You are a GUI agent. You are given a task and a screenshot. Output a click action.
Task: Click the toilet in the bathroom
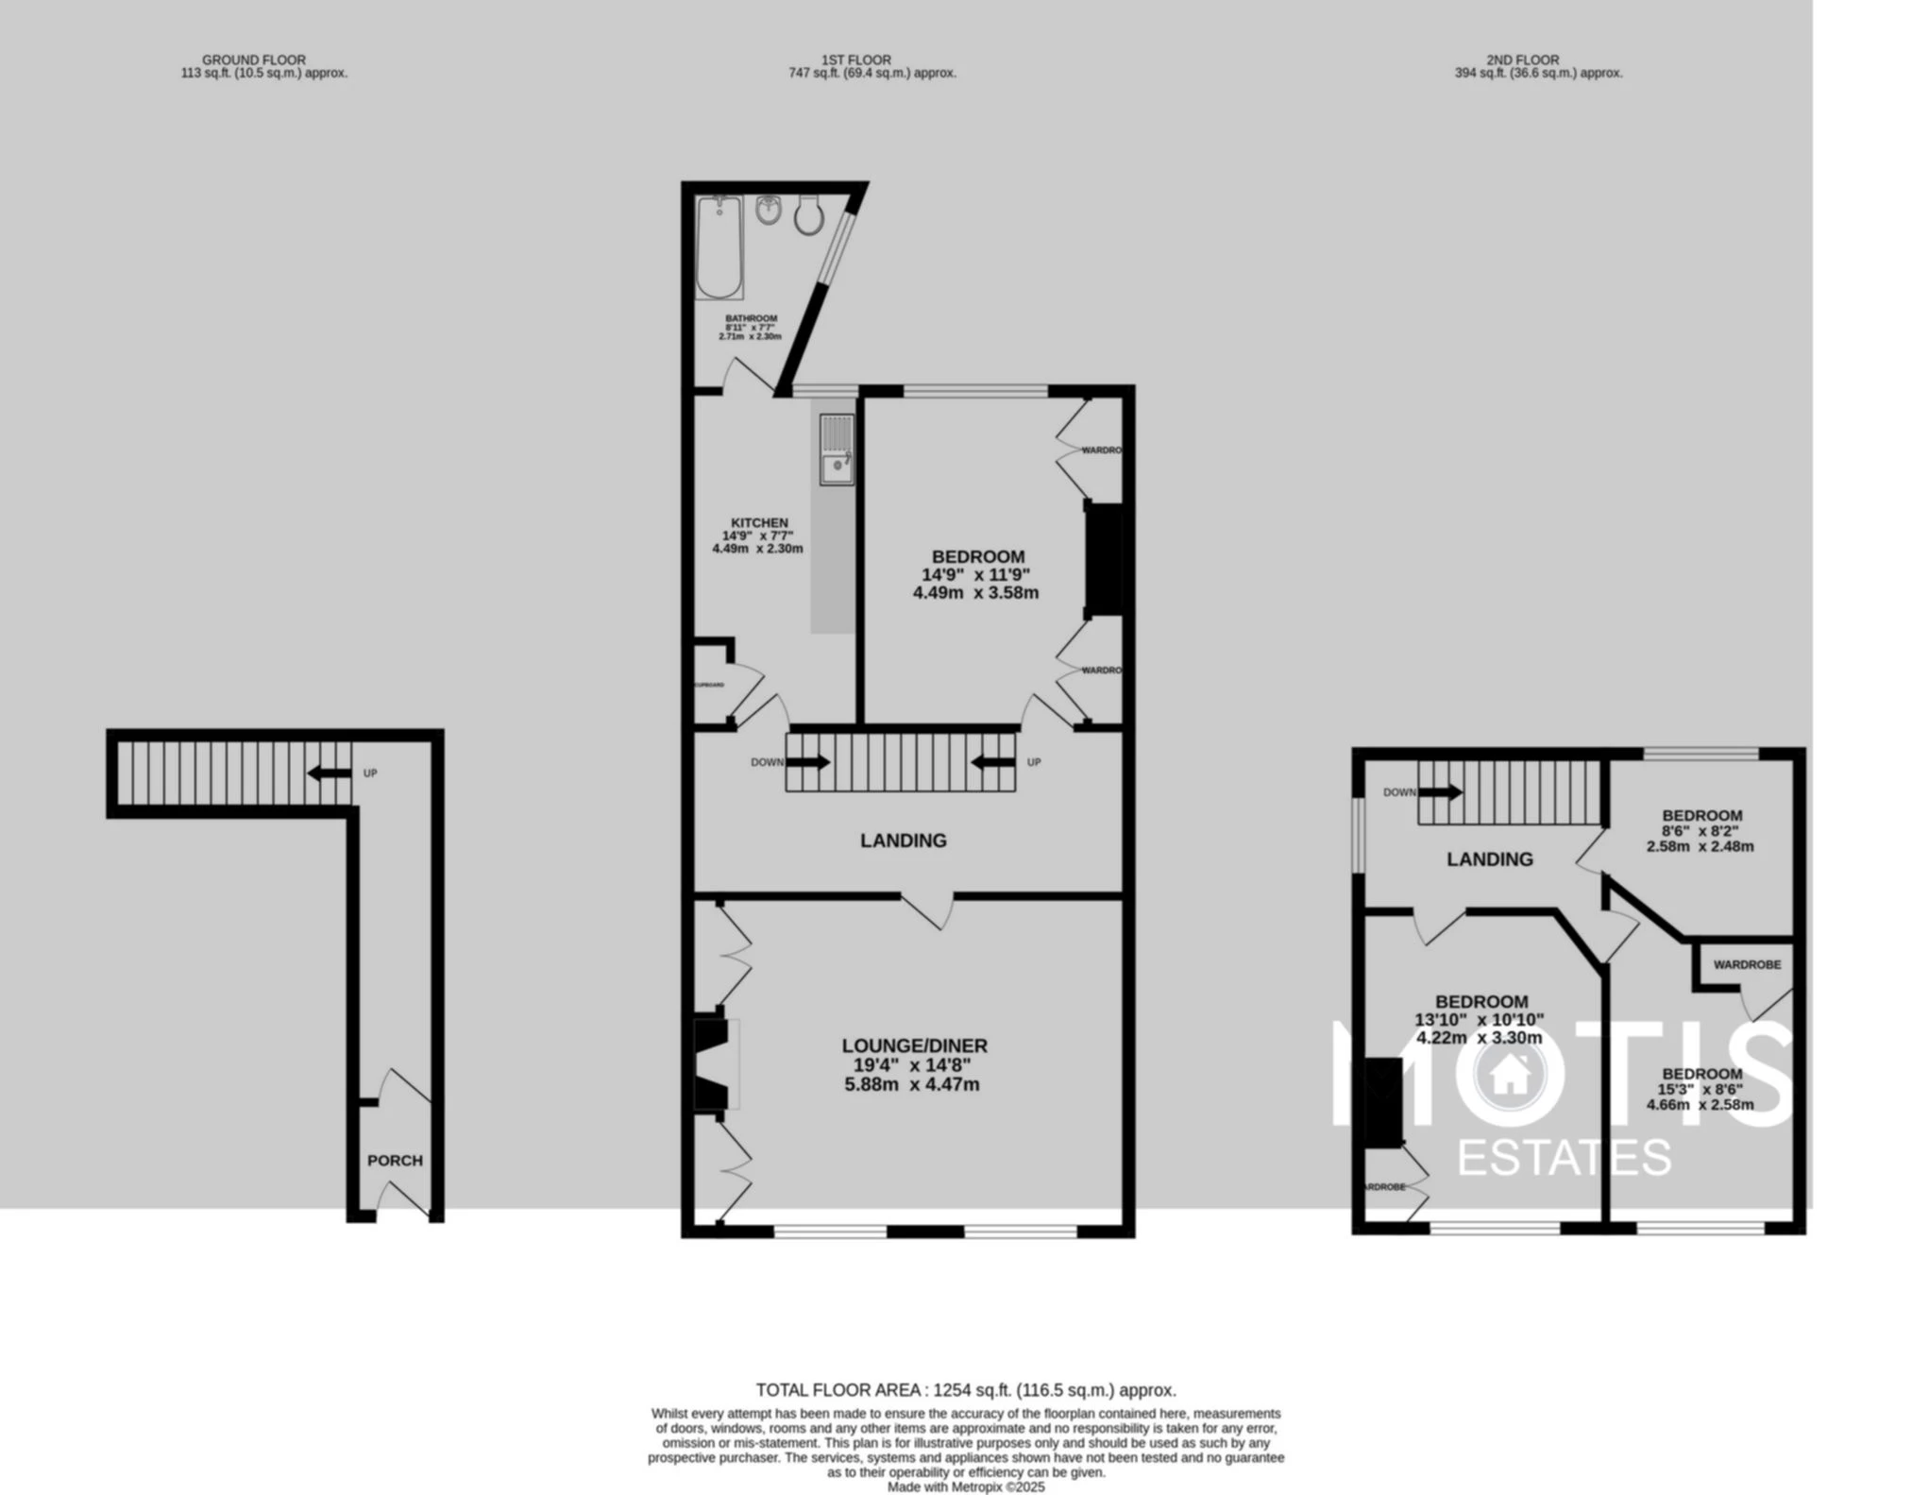(808, 216)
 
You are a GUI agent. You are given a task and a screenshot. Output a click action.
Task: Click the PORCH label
(395, 1161)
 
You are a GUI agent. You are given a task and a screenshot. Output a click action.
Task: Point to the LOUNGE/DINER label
(914, 1045)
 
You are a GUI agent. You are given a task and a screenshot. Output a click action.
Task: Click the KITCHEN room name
(759, 522)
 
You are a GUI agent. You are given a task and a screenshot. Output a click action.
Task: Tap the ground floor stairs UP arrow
(328, 773)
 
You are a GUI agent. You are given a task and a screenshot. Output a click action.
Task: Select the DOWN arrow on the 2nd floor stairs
(1440, 792)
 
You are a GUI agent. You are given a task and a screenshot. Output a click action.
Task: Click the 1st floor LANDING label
(903, 841)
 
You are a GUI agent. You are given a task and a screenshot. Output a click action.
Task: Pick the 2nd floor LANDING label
(1490, 859)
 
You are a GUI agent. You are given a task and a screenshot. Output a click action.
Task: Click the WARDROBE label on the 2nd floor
(1747, 964)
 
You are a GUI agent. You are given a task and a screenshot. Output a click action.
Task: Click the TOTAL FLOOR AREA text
(965, 1390)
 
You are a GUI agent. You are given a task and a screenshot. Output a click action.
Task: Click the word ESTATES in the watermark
(1564, 1158)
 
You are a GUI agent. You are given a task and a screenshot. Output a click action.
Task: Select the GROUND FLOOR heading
(254, 59)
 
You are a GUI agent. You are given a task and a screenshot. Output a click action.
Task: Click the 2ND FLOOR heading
(1522, 59)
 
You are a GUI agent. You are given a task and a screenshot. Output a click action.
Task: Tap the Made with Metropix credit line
(965, 1487)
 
